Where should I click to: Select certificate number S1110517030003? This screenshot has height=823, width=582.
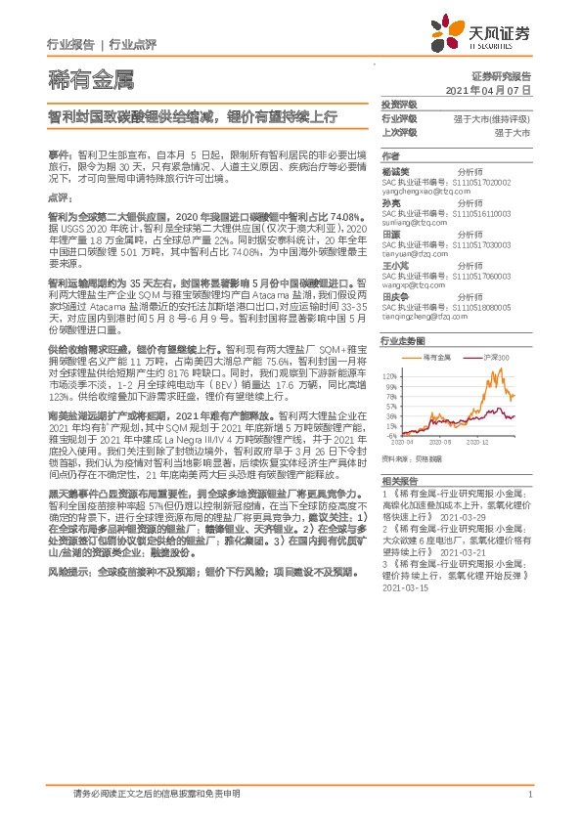point(490,245)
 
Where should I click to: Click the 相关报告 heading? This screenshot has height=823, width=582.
point(398,482)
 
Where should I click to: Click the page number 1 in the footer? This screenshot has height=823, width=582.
point(529,796)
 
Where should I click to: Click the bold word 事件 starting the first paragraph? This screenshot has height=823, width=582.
point(58,154)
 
